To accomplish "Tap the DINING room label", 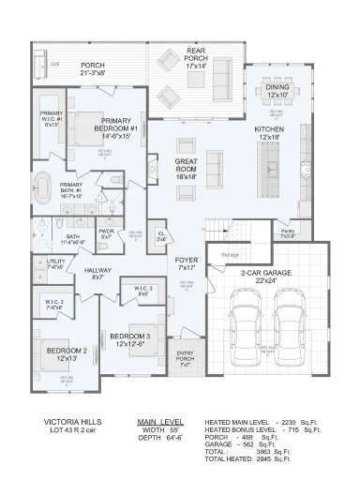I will [278, 90].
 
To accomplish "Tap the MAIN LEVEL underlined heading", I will [159, 422].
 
